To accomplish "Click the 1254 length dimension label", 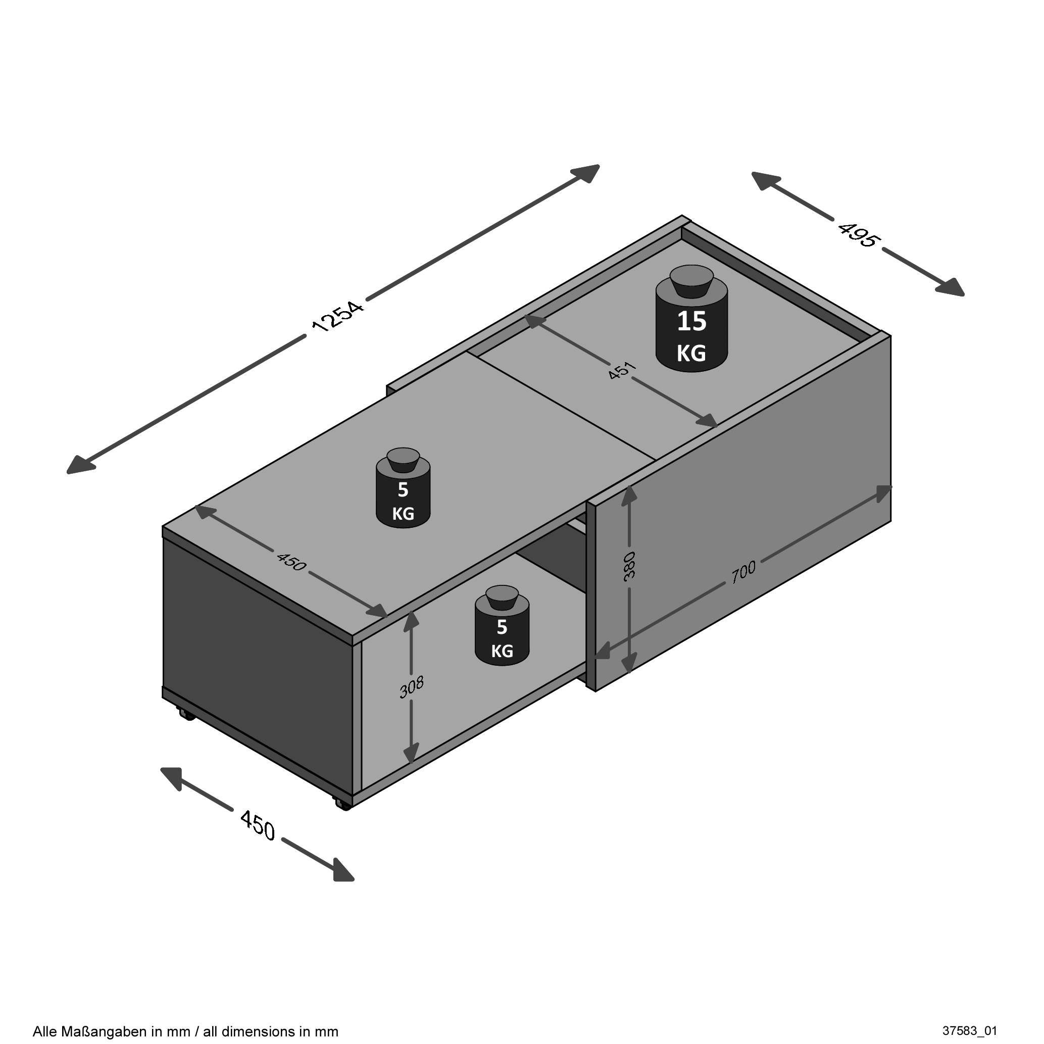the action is coord(338,316).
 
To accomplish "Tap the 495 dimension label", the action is coord(858,234).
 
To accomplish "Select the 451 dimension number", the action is coord(622,371).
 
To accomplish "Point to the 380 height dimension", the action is coord(629,566).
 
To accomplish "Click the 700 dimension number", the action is coord(743,573).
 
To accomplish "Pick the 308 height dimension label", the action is coord(411,687).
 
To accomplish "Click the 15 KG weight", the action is coord(691,318).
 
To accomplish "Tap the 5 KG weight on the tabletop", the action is coord(403,488).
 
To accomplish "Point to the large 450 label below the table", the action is coord(258,825).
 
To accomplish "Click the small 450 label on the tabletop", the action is coord(291,562).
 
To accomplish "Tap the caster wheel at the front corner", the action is coord(342,804).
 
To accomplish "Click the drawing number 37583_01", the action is coord(969,1030).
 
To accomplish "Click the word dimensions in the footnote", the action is coord(261,1031).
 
